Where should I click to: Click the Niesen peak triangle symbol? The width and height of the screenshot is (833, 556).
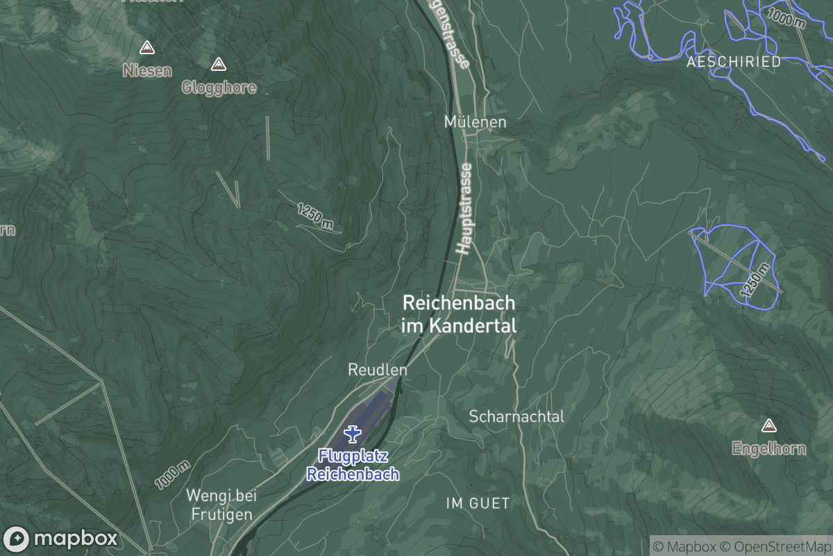click(146, 48)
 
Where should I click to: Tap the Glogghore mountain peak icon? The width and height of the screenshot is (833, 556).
click(219, 65)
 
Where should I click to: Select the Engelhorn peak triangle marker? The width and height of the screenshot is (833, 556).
click(768, 425)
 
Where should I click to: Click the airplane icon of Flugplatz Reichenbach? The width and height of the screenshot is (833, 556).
click(353, 434)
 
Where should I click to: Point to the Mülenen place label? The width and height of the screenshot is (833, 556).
click(475, 122)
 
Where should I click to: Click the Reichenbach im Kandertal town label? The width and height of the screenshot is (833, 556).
click(459, 314)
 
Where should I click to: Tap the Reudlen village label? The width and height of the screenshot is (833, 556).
click(378, 370)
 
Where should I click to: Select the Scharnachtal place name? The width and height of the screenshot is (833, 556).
click(516, 417)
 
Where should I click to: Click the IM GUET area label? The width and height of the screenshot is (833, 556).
click(478, 503)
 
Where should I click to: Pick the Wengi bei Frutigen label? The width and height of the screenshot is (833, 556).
click(221, 505)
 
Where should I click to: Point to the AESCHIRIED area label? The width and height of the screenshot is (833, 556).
click(733, 62)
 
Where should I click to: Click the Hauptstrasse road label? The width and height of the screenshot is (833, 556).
click(464, 208)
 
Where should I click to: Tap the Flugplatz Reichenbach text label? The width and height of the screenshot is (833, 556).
click(353, 466)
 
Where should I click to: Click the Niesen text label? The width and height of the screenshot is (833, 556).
click(147, 70)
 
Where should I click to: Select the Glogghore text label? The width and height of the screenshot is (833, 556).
click(219, 88)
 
